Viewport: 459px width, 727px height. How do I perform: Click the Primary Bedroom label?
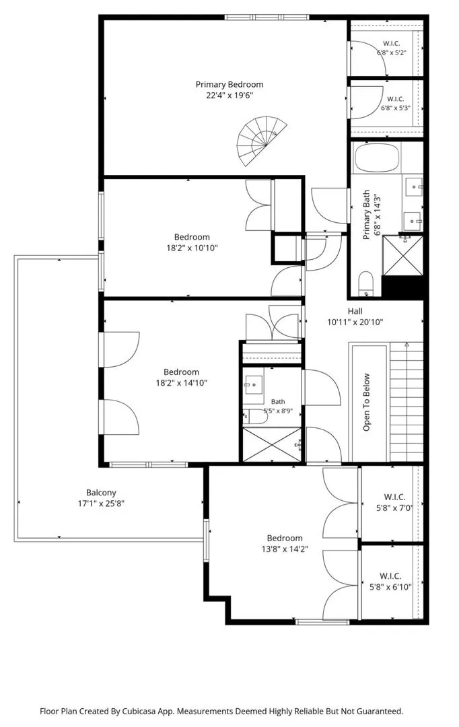[229, 84]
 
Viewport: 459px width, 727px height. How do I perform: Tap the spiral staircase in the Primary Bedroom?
[261, 140]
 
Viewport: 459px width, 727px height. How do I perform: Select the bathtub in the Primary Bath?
[377, 158]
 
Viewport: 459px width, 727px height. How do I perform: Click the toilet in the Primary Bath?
[366, 284]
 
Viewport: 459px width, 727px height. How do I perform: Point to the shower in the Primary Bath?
[402, 255]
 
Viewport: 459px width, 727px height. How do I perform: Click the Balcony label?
[101, 493]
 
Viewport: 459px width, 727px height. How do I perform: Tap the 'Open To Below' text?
[367, 402]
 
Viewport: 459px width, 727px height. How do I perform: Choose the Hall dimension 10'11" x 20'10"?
[355, 322]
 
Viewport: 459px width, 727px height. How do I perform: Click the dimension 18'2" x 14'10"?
[181, 383]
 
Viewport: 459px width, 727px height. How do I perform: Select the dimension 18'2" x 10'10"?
[192, 248]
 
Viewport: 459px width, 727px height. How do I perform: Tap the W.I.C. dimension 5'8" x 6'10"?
[390, 587]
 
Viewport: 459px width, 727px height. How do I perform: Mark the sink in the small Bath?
[253, 384]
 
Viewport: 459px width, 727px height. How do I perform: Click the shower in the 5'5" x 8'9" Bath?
[272, 445]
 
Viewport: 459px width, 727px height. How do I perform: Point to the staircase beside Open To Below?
[407, 401]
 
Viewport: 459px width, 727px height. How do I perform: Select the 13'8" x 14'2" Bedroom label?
[285, 539]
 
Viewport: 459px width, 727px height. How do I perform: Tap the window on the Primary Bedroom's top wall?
[267, 18]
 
